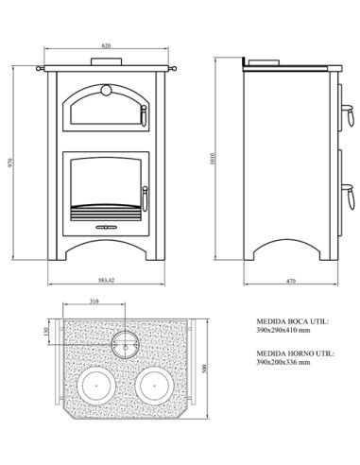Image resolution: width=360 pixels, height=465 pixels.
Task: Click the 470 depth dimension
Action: click(x=292, y=281)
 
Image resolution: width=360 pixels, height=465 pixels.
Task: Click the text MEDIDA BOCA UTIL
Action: click(x=292, y=321)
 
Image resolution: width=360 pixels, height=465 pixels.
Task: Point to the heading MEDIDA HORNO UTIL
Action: click(x=294, y=352)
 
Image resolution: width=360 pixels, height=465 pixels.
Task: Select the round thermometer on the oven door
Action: click(x=106, y=92)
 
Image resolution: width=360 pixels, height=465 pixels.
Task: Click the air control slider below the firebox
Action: click(x=106, y=228)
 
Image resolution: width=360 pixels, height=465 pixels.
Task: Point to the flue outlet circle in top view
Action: click(x=123, y=343)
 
